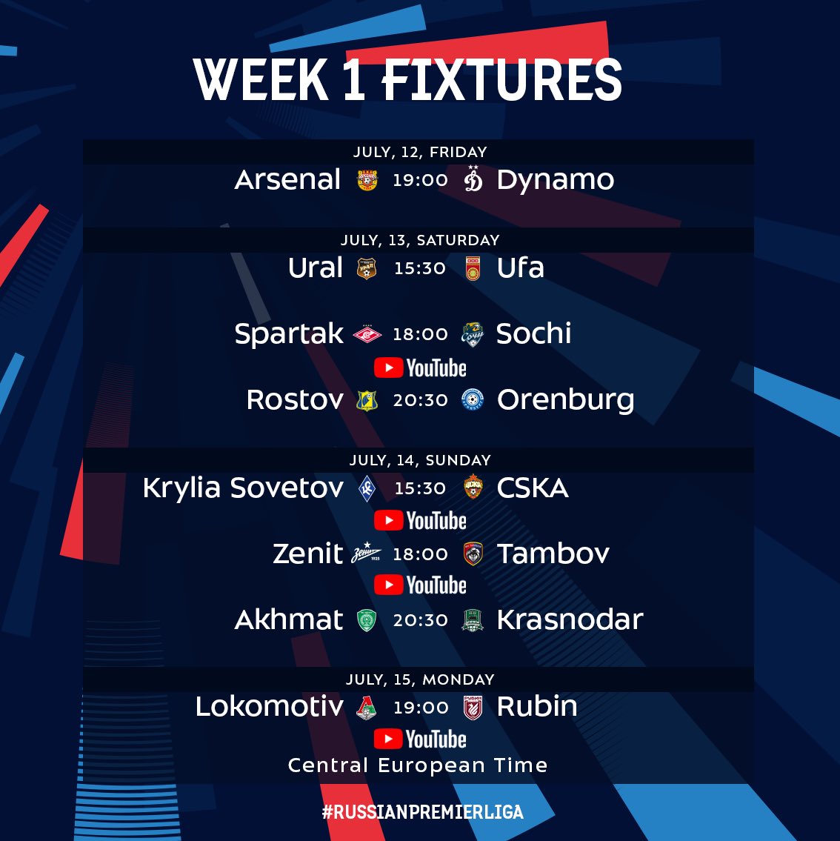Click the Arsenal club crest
pos(367,180)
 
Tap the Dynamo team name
pos(556,180)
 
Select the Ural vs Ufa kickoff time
pos(420,268)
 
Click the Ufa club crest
pos(473,268)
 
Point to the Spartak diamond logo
pos(367,334)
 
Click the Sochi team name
pos(533,333)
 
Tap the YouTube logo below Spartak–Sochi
pos(420,368)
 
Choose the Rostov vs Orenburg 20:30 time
pos(420,400)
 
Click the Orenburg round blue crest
pos(473,400)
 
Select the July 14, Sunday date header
pos(420,460)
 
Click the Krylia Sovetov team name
pos(243,489)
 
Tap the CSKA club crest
pos(473,488)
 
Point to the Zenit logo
pos(367,553)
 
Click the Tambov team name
pos(553,554)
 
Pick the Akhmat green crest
pos(367,620)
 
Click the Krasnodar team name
pos(570,620)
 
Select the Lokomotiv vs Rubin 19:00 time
pos(421,708)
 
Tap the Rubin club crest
pos(473,708)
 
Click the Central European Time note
pos(418,765)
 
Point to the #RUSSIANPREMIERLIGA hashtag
pos(422,812)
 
